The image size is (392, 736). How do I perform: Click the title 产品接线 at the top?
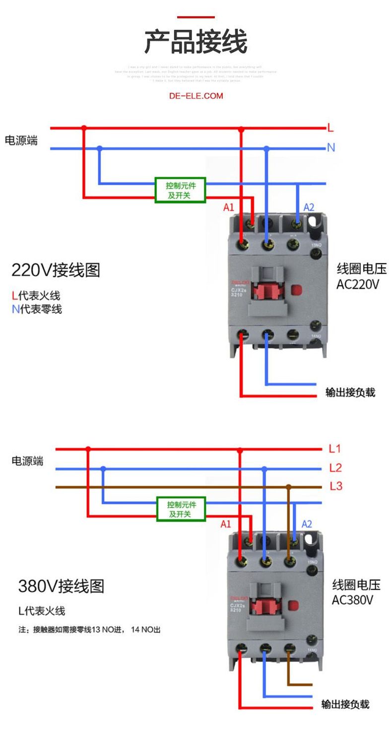click(x=196, y=42)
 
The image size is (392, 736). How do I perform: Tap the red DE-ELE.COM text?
click(x=196, y=95)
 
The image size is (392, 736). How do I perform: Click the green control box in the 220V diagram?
click(x=180, y=190)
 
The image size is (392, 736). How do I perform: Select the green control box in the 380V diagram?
click(x=181, y=509)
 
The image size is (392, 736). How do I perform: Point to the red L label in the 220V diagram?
click(x=330, y=128)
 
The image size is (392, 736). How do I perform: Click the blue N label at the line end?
click(x=331, y=147)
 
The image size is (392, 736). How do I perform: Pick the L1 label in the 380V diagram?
click(x=335, y=449)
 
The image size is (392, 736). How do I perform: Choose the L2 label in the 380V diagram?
click(x=335, y=468)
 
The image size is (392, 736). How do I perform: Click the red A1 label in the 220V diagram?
click(x=229, y=207)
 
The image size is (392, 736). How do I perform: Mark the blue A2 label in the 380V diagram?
click(x=307, y=524)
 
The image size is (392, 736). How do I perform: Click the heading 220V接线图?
click(x=56, y=270)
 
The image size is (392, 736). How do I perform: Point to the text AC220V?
click(x=358, y=285)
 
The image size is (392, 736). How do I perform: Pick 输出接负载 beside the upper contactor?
click(x=350, y=392)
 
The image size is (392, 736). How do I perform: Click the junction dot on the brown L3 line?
click(x=288, y=487)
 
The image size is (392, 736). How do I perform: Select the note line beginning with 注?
click(x=90, y=630)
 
